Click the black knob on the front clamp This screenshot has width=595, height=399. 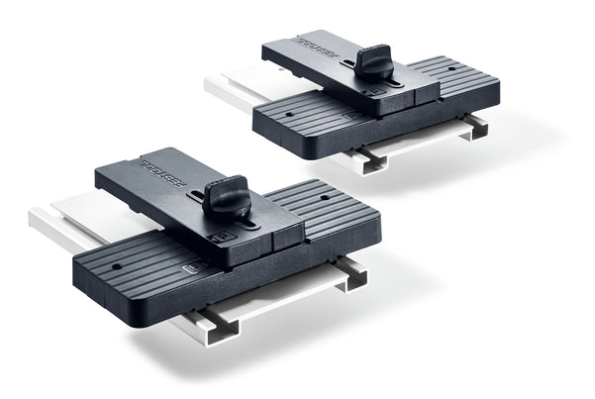(227, 198)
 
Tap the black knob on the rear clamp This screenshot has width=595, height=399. (373, 61)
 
